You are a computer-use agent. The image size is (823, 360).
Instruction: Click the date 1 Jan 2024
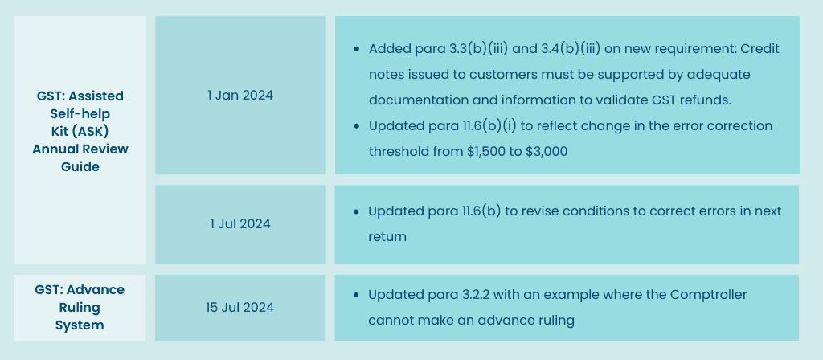coord(240,96)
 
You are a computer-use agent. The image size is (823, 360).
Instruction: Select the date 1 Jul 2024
coord(240,224)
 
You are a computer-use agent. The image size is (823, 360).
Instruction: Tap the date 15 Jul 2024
coord(240,308)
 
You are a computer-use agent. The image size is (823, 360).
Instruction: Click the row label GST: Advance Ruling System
coord(80,308)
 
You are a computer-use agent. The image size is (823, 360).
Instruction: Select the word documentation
coord(415,100)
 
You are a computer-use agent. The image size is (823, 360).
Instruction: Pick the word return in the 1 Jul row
coord(387,237)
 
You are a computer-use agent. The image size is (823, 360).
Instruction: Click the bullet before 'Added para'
coord(357,49)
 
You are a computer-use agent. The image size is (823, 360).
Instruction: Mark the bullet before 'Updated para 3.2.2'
coord(356,295)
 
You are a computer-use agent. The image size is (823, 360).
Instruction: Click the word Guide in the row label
coord(80,167)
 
